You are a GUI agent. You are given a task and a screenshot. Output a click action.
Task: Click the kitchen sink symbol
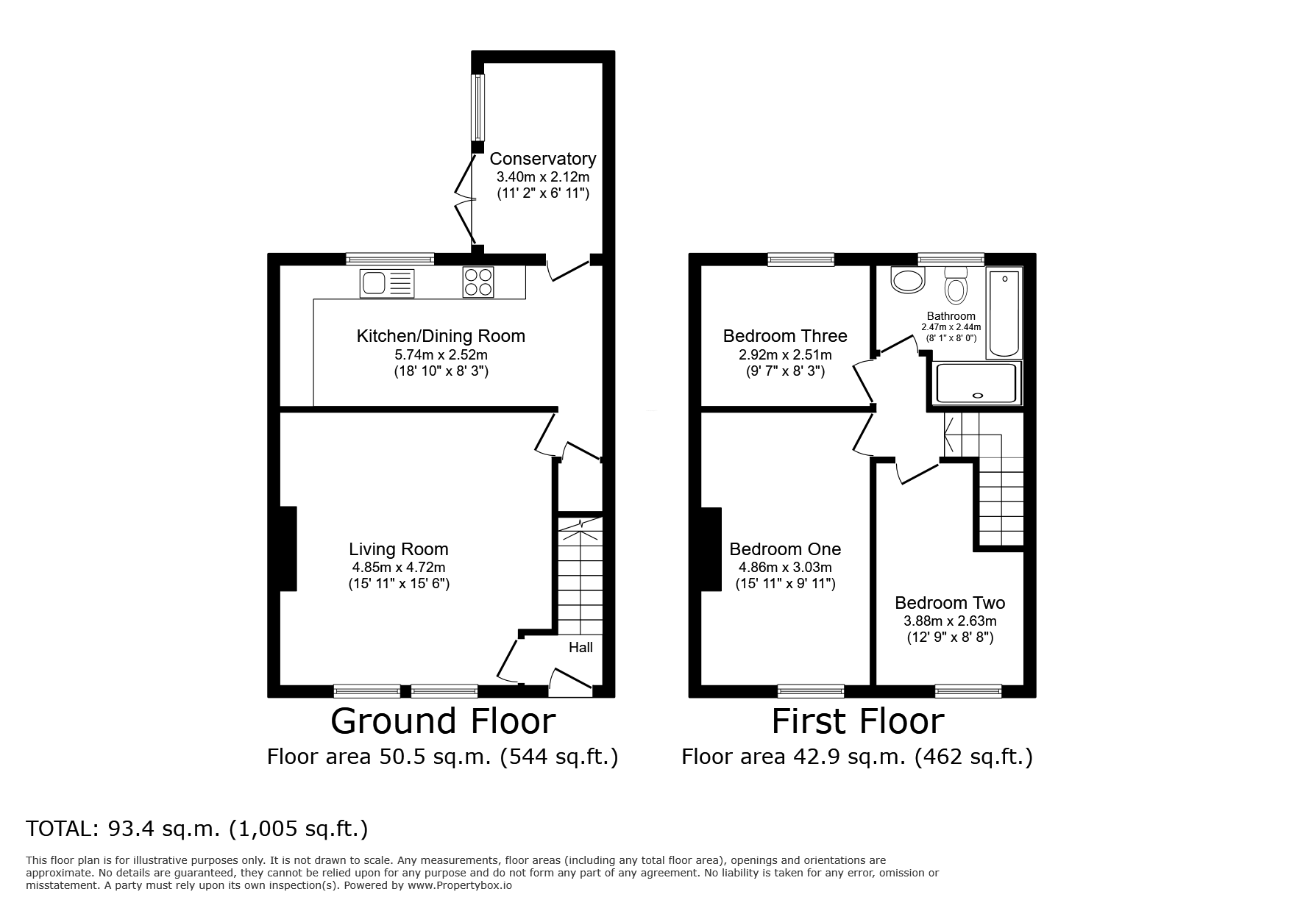387,283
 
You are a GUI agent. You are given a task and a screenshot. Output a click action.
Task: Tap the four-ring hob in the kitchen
477,282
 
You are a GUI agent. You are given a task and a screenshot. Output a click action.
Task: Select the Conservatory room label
542,159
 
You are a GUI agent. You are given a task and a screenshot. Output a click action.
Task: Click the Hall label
581,648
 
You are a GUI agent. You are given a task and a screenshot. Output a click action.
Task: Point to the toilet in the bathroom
956,285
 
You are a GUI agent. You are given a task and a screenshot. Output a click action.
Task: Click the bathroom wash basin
907,279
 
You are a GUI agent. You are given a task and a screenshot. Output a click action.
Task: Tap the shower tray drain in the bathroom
977,396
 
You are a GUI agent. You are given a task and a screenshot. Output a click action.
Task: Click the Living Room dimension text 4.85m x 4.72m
398,568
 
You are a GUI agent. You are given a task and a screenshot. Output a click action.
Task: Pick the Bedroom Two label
950,603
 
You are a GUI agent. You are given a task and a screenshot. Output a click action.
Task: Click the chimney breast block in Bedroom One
711,549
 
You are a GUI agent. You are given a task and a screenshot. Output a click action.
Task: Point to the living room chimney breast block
288,549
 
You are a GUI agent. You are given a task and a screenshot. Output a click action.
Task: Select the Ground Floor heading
443,721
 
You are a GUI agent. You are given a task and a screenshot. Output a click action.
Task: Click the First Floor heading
857,721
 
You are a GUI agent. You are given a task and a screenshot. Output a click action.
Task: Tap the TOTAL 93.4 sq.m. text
196,829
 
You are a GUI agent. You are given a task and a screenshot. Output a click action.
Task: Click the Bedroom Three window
801,259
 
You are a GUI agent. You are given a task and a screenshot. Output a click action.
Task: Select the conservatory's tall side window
478,107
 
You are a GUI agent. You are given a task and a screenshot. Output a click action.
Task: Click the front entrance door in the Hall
571,682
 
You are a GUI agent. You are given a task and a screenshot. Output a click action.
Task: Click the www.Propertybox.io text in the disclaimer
459,886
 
